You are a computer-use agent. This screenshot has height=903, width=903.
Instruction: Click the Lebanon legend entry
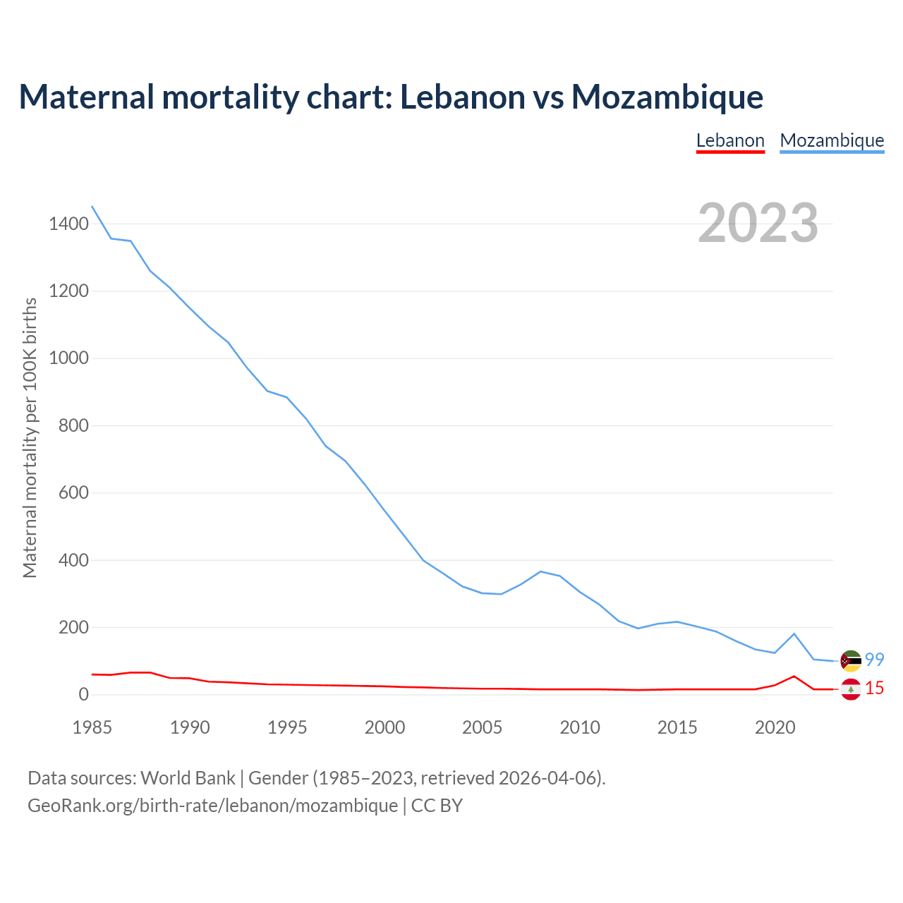730,140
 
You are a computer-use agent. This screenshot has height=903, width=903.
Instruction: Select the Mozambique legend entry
832,140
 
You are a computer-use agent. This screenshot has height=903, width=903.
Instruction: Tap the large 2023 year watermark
758,223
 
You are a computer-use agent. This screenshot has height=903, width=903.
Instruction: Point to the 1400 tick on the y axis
69,224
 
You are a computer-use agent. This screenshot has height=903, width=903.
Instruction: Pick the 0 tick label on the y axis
84,695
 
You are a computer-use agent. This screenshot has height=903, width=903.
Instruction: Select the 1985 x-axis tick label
92,727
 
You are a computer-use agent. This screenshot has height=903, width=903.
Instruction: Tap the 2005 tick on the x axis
483,727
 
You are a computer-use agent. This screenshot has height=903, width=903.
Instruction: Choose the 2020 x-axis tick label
775,727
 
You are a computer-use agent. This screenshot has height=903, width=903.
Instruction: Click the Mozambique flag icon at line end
851,660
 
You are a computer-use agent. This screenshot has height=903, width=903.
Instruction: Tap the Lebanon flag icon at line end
851,689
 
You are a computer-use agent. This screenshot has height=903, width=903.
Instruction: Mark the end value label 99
875,660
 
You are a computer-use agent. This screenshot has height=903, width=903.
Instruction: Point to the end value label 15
875,689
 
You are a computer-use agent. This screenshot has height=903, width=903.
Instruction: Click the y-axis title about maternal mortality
30,437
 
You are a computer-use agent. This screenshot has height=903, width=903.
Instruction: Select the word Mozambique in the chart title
667,97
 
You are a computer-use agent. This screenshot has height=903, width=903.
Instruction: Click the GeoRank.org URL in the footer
212,805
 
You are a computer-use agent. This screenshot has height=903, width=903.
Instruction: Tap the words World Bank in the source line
188,777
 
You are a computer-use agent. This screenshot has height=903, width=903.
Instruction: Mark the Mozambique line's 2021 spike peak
794,634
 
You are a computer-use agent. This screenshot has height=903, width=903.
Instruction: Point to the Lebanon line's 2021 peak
794,676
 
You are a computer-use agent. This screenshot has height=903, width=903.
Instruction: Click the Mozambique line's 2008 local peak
540,571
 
